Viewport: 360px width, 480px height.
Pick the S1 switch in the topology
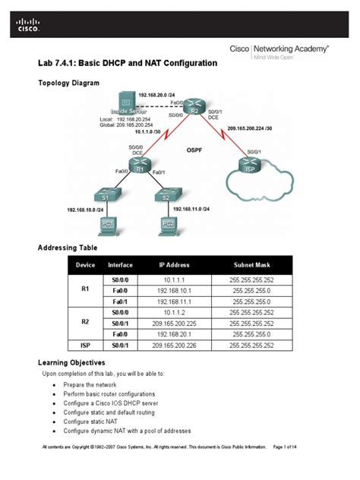[106, 197]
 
